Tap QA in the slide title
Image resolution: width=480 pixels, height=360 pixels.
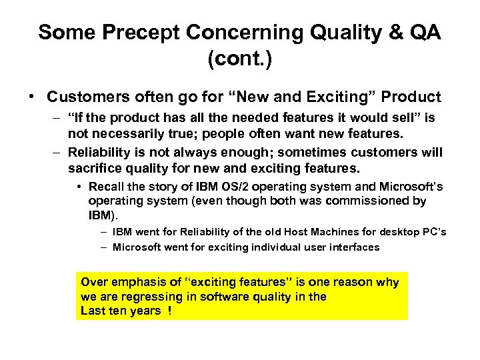point(423,33)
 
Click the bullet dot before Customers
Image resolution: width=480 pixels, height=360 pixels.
point(33,97)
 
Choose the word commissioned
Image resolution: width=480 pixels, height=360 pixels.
point(379,201)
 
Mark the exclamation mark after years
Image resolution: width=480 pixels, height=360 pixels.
point(170,311)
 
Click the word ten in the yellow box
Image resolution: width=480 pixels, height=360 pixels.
point(119,311)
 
